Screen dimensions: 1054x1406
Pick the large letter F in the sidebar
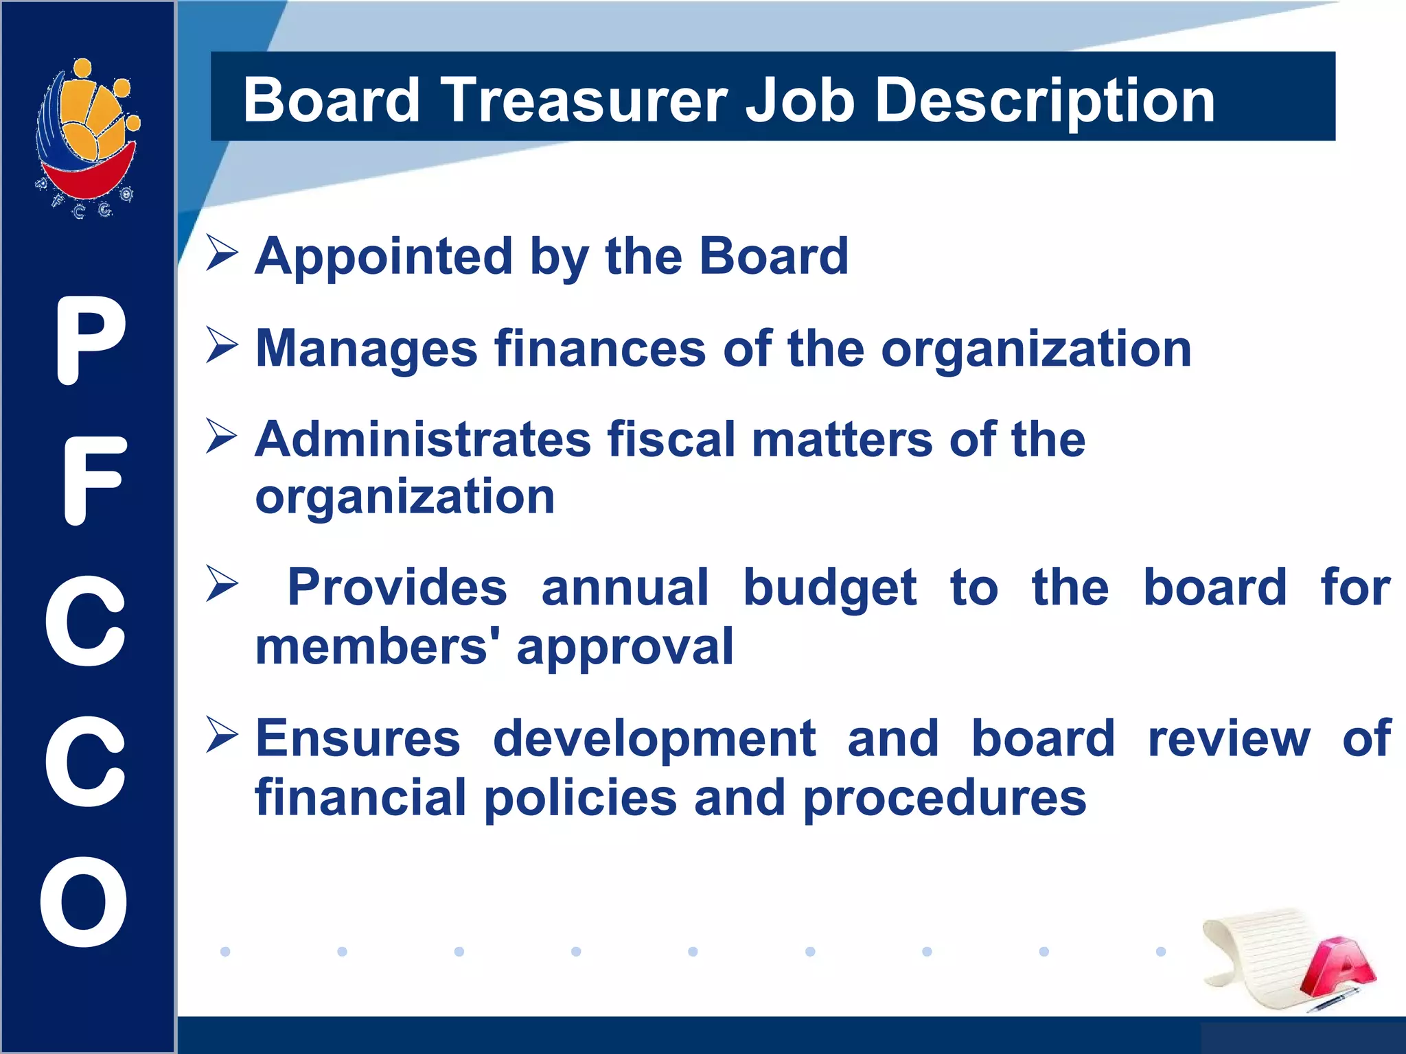(x=94, y=480)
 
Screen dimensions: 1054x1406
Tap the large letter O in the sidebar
(x=84, y=902)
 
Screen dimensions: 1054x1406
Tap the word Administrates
(x=422, y=439)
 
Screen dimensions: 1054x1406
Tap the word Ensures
(x=358, y=739)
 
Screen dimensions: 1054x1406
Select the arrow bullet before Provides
(x=222, y=584)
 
